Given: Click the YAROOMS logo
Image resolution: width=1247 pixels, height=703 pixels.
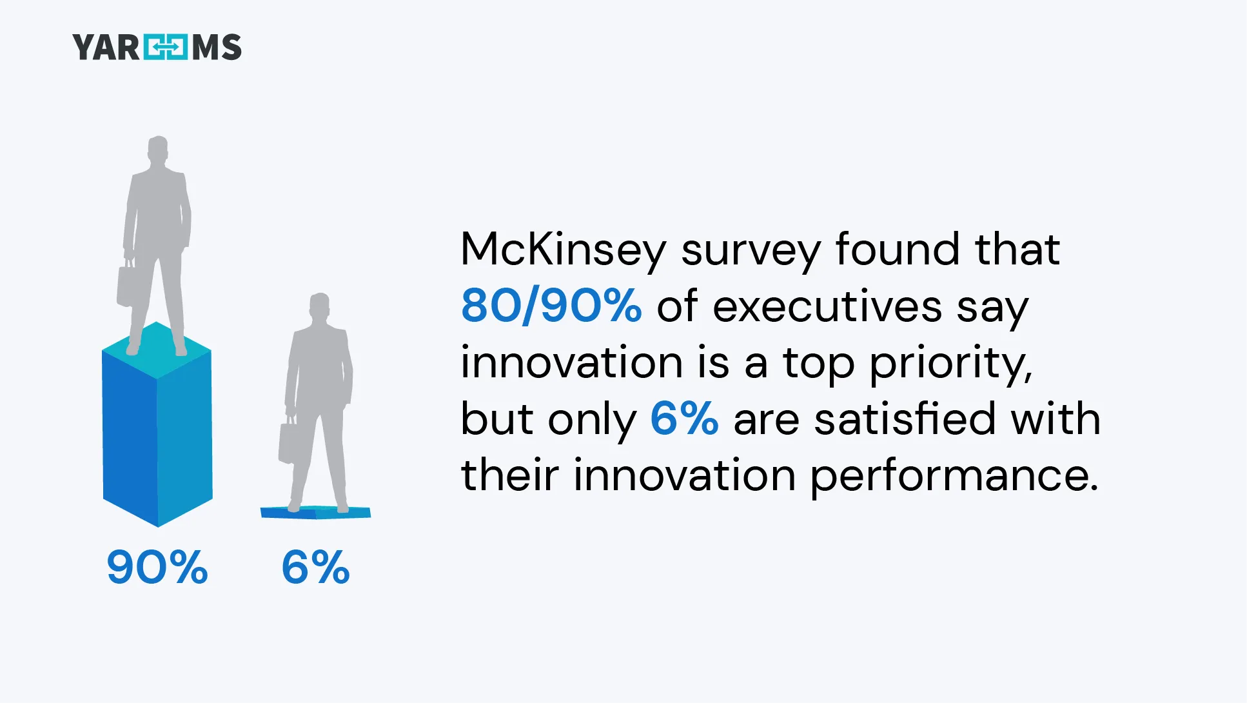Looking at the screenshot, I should tap(157, 48).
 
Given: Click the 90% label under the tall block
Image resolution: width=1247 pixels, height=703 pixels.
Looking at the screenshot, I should tap(157, 568).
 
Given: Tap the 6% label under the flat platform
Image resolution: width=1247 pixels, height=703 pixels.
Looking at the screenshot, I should tap(315, 568).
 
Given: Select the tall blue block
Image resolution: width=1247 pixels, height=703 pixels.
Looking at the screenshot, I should tap(157, 439).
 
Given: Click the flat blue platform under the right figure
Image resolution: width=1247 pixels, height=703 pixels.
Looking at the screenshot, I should tap(315, 513).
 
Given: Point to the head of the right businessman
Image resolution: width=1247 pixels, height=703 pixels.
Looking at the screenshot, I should tap(320, 305).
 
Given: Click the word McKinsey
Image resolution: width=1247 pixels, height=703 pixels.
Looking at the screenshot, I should tap(563, 250).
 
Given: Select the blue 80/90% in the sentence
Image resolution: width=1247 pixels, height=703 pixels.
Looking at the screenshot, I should tap(551, 306).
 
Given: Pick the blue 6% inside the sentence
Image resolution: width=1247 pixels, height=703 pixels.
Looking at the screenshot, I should tap(684, 419).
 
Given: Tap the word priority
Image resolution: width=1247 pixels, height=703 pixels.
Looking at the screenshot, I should tap(950, 364).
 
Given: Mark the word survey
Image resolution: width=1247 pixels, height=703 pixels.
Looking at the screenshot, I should tap(751, 251).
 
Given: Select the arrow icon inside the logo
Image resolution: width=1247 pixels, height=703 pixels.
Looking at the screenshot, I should tap(166, 48).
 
